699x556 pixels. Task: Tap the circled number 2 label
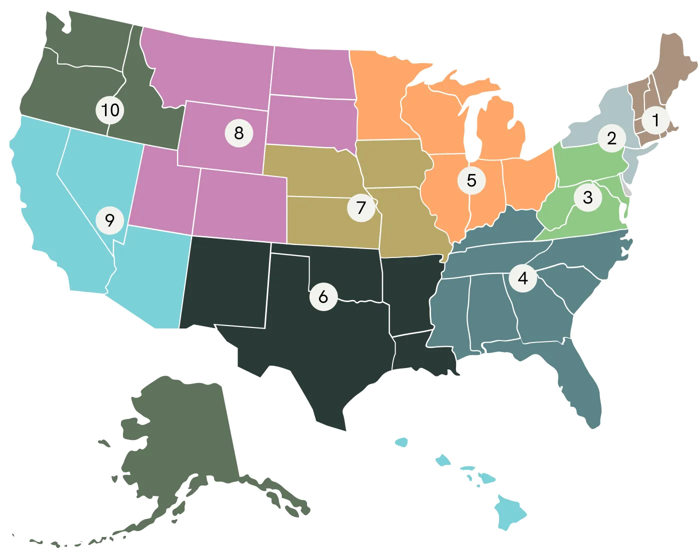612,137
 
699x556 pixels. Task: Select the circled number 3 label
587,197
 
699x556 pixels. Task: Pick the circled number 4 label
523,277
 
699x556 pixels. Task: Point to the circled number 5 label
471,180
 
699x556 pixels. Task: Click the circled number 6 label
323,296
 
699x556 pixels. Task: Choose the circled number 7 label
361,206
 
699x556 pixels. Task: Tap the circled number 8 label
238,133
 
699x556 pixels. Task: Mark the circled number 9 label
110,220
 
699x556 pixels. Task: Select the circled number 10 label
110,109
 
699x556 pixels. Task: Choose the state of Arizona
150,280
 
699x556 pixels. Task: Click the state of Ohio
527,180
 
